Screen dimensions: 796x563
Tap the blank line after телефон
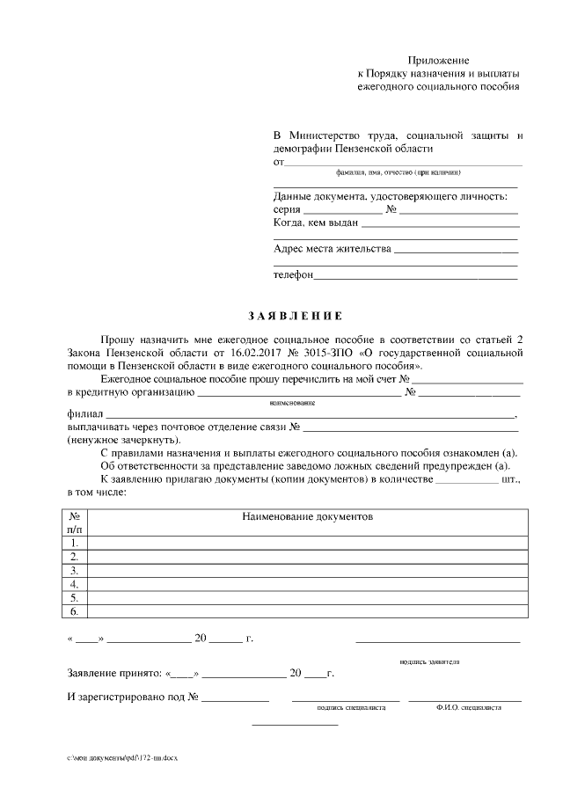(415, 277)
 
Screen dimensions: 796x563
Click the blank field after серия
(342, 213)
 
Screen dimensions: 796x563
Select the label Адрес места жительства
(332, 249)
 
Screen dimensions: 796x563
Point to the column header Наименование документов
(307, 517)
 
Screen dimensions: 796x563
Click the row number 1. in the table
(75, 543)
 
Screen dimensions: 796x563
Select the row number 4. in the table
(75, 583)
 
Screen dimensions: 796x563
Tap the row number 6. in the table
(75, 610)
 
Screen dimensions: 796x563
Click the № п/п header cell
(75, 523)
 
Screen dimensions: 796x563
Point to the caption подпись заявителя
(428, 661)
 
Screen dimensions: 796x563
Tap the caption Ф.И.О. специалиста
(467, 706)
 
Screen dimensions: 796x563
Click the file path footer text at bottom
(121, 757)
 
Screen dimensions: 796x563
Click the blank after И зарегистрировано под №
(236, 699)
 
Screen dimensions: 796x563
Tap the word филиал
(84, 413)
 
